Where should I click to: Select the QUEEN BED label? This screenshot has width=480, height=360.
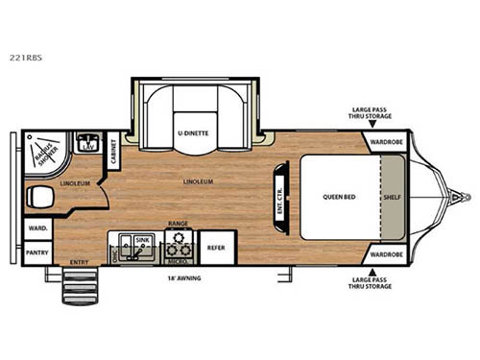point(339,196)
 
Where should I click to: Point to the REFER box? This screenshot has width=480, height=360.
point(215,247)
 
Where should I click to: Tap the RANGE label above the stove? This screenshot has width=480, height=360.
point(178,223)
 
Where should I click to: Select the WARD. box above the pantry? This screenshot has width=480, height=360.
point(38,228)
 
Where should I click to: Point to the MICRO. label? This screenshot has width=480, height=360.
point(177,258)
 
